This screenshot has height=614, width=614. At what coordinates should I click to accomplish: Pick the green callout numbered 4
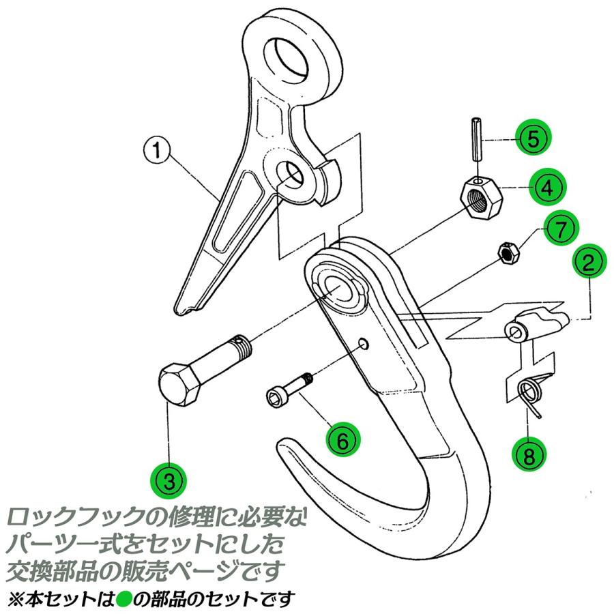click(x=549, y=186)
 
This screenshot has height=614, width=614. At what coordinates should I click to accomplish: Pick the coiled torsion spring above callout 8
click(x=532, y=393)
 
